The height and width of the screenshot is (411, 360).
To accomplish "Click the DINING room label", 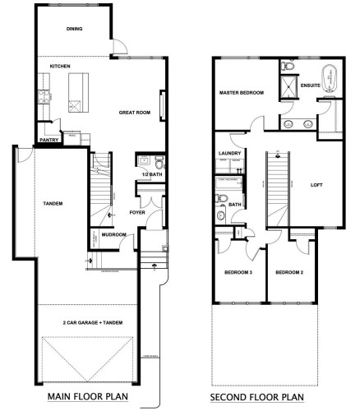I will tap(76, 29).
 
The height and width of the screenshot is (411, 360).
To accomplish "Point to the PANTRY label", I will tap(48, 140).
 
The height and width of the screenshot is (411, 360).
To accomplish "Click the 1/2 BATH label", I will tap(149, 175).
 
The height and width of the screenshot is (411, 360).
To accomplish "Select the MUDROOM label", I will tap(113, 234).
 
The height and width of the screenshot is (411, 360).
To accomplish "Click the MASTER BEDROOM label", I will tap(242, 93).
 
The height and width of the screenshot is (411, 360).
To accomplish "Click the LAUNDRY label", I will tap(229, 154).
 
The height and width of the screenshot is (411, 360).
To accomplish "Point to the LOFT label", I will tap(316, 185).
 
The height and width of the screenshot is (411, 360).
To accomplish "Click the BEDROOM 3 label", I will tap(238, 271).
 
